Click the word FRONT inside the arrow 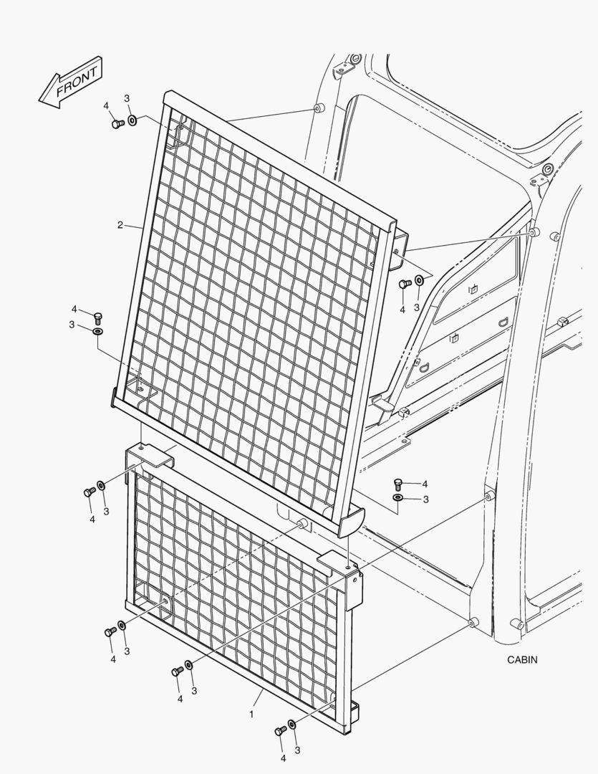77,82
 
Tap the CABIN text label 522,659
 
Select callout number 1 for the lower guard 251,714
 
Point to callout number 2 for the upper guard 120,225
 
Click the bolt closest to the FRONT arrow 117,123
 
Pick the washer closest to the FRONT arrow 132,120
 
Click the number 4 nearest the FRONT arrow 106,105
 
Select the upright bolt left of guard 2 97,317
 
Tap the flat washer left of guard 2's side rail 97,330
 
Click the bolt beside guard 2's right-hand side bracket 405,284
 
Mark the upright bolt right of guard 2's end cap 399,484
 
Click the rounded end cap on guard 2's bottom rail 352,522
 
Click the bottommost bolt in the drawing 280,730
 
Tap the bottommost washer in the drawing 292,724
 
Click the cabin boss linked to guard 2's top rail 318,107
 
